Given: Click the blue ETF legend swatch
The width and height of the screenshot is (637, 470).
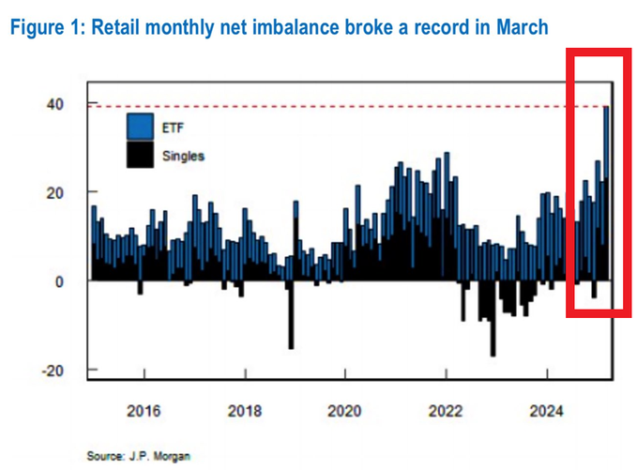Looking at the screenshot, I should click(138, 126).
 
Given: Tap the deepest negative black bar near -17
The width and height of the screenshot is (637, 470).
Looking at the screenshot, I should click(493, 338).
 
